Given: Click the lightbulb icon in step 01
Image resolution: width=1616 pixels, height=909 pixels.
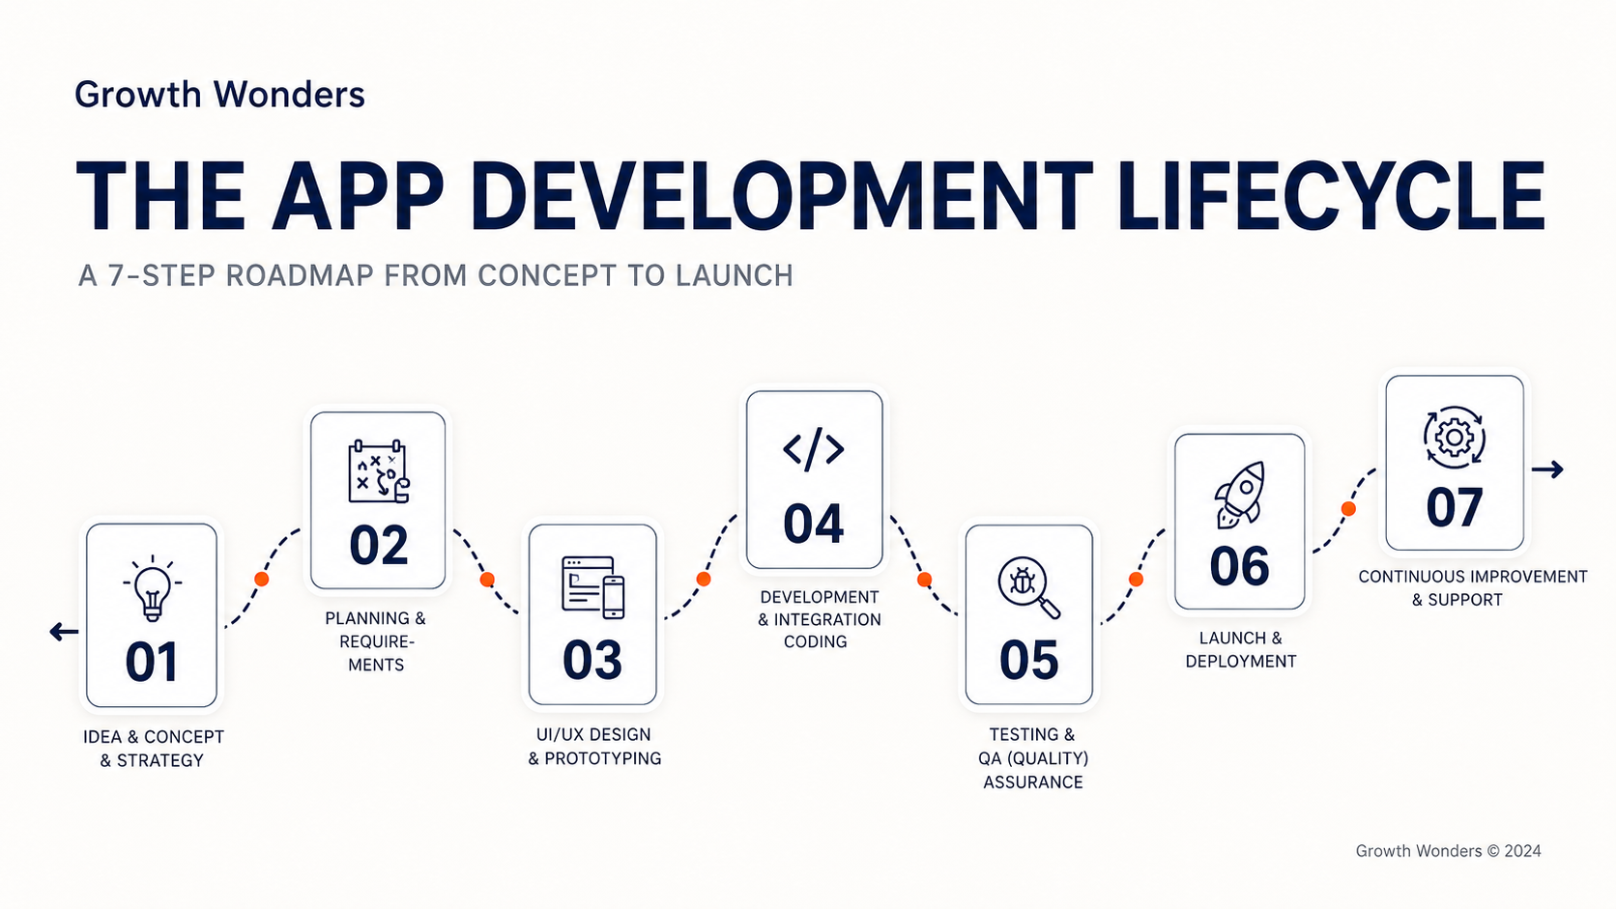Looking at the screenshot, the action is (x=152, y=588).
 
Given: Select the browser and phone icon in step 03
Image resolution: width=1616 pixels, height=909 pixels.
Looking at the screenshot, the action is (x=593, y=587).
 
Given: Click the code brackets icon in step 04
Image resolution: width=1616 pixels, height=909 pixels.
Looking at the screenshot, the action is (x=814, y=450).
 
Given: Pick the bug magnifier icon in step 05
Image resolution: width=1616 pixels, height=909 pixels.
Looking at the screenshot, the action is (x=1028, y=587).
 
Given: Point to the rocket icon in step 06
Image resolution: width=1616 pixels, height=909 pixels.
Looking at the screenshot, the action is (x=1239, y=495).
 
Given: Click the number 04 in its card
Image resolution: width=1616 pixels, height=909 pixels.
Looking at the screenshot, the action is (x=814, y=525).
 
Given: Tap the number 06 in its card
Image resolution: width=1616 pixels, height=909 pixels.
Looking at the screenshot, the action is (x=1239, y=567).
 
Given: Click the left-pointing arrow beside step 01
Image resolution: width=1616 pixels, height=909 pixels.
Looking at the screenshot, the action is (x=64, y=632).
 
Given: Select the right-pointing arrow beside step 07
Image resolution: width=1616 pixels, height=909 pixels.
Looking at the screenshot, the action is (x=1547, y=469).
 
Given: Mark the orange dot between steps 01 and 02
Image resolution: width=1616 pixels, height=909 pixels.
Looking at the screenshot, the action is (x=262, y=579).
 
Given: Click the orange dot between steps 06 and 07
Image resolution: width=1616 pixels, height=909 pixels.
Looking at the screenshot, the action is (x=1348, y=509).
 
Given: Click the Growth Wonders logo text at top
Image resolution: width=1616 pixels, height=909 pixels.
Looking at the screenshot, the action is (x=220, y=95).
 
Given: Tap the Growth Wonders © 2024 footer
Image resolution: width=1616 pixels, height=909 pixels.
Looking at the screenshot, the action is (x=1448, y=851).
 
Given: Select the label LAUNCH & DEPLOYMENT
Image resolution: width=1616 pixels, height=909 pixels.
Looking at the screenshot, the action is (x=1241, y=649).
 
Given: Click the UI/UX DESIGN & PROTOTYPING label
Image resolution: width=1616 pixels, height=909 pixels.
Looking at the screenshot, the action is (x=594, y=746).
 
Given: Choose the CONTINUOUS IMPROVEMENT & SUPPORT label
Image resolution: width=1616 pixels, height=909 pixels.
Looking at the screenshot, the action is (x=1472, y=588).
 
